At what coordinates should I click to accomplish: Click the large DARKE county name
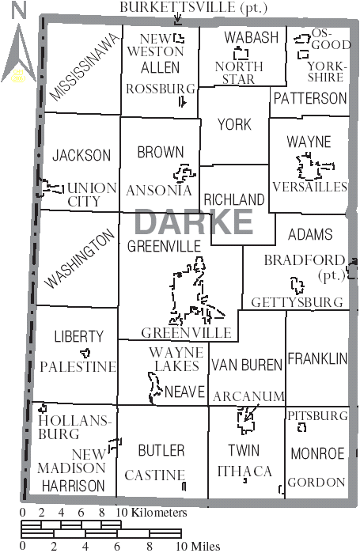coord(193,222)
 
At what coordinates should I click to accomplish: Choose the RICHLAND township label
coord(233,199)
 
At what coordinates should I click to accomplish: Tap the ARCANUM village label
coord(248,396)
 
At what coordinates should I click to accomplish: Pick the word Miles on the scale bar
coord(203,546)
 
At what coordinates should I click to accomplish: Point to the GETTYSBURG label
coord(297,303)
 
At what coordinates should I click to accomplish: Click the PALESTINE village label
coord(78,367)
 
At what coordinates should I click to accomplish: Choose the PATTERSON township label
coord(309,99)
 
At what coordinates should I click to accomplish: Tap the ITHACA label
coord(244,472)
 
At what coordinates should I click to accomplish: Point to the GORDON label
coord(316,482)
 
